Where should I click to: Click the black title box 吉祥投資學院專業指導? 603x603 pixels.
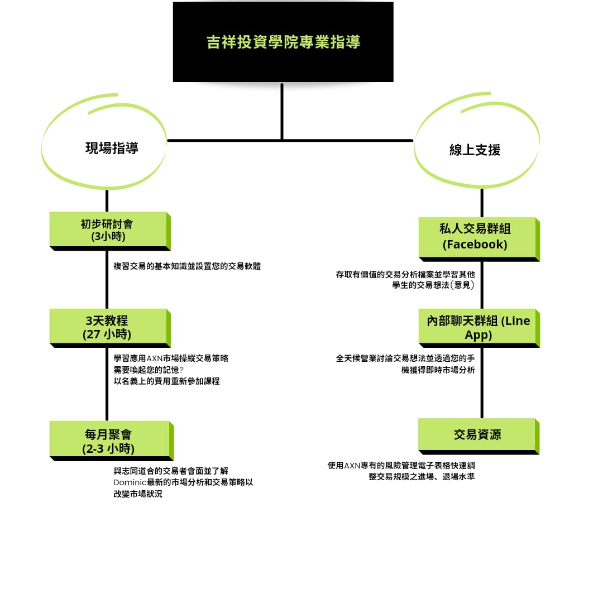click(x=283, y=42)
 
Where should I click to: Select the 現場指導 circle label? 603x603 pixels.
click(x=112, y=148)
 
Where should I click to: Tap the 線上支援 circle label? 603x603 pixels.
click(x=475, y=150)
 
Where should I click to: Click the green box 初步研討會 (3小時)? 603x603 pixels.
click(x=110, y=231)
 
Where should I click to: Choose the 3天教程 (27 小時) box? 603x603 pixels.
click(x=110, y=328)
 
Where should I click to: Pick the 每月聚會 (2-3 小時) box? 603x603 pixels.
click(x=112, y=441)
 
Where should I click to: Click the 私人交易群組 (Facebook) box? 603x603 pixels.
click(x=479, y=239)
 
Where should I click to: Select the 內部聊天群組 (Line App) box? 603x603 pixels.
click(x=479, y=328)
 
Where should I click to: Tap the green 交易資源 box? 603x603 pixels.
click(x=479, y=437)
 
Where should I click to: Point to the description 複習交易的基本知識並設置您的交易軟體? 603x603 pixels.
click(x=187, y=266)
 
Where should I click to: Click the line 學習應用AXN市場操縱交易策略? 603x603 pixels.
click(x=171, y=358)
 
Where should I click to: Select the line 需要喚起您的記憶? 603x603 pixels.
click(x=149, y=370)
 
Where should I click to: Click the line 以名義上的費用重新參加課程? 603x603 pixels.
click(x=166, y=381)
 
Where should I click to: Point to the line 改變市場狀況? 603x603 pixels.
click(x=138, y=494)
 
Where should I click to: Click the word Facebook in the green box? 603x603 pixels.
click(x=475, y=245)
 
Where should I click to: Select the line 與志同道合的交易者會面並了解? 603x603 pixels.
click(x=171, y=471)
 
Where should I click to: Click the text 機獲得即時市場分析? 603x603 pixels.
click(x=438, y=370)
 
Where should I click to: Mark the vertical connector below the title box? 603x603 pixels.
click(x=282, y=112)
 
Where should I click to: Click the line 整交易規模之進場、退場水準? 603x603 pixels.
click(x=422, y=477)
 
